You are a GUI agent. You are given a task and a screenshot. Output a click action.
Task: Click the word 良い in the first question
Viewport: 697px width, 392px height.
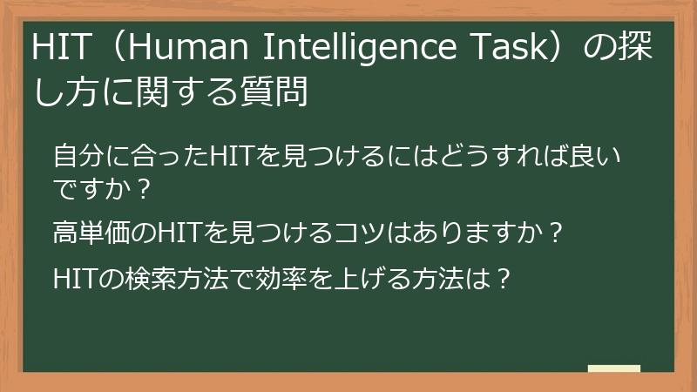(604, 159)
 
